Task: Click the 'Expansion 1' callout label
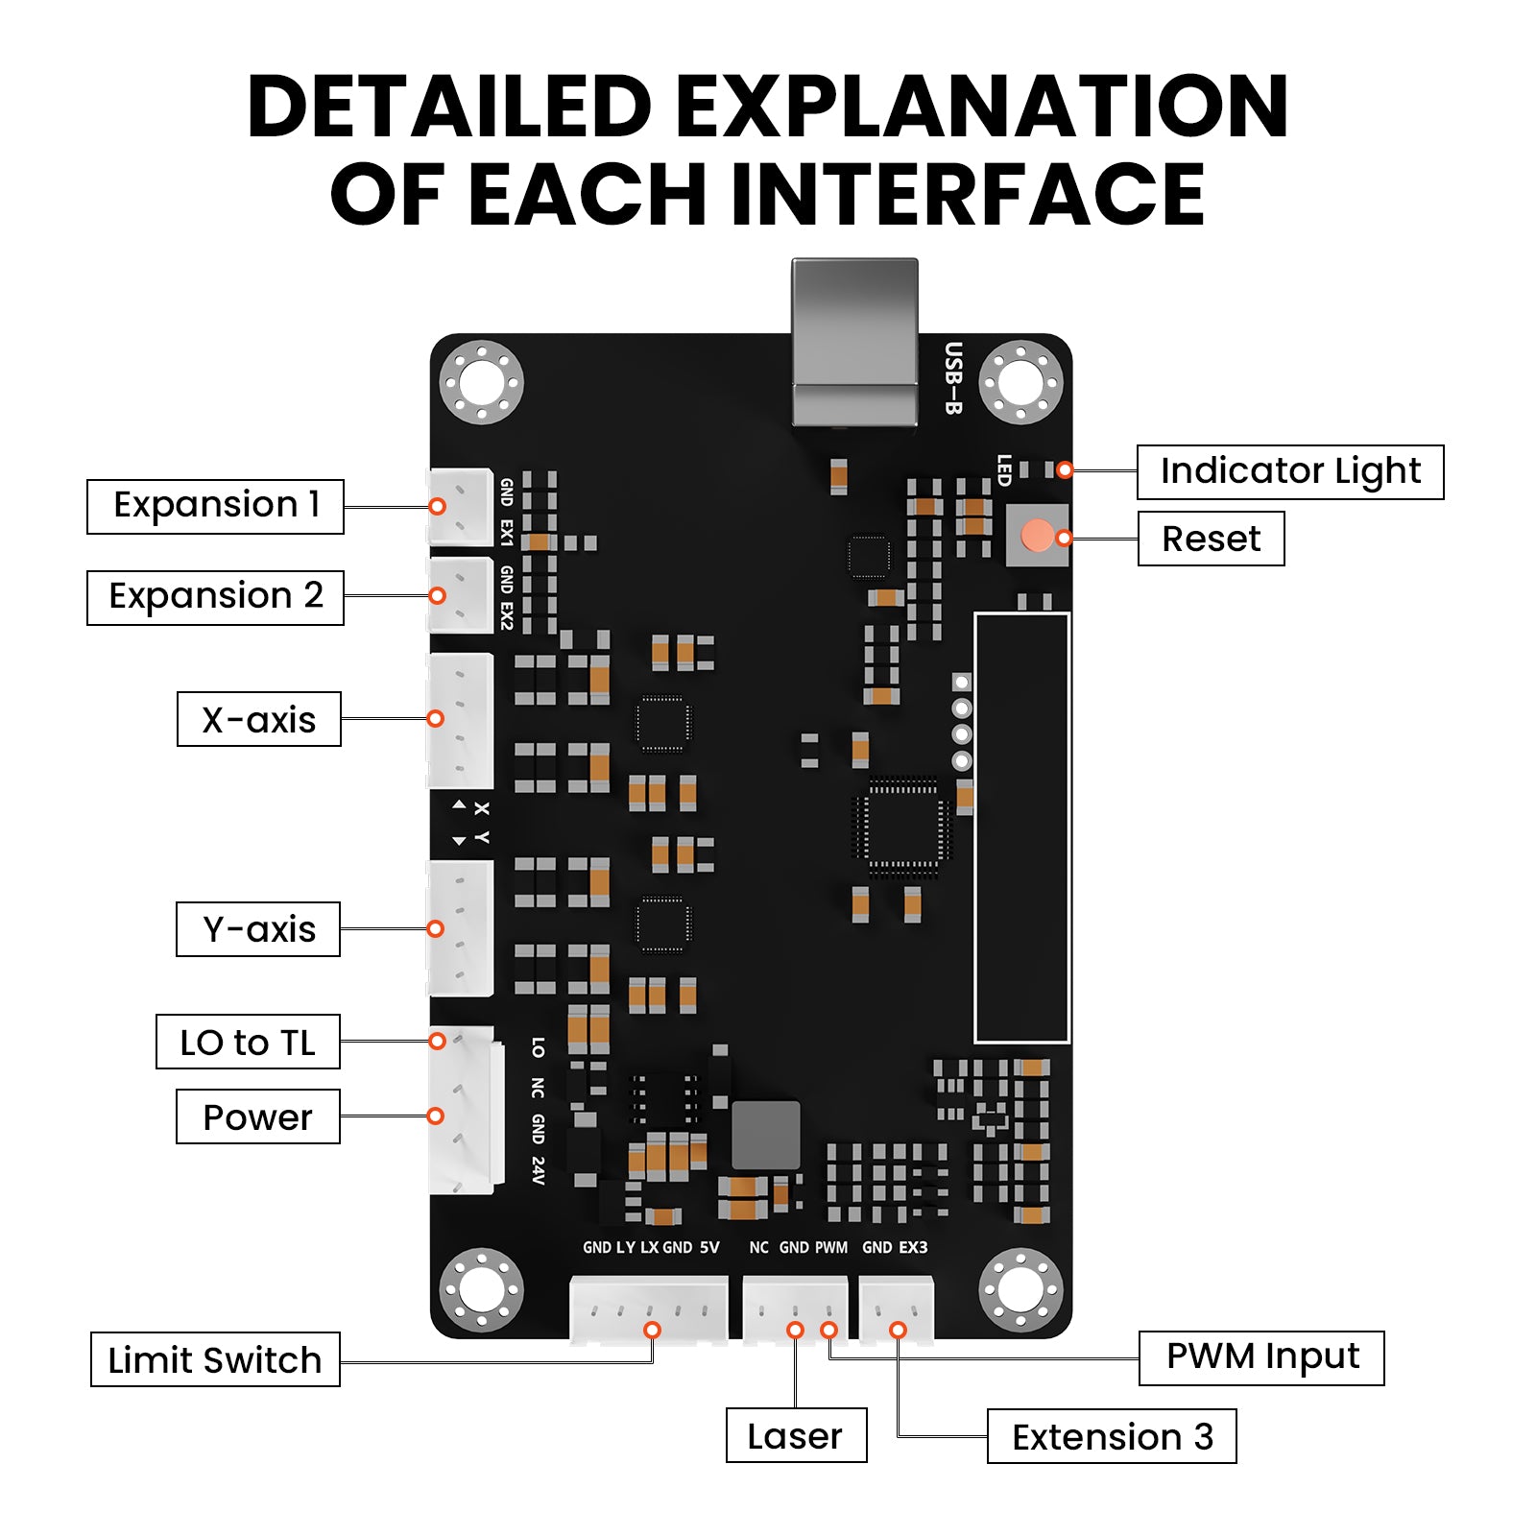(215, 506)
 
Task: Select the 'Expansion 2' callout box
(215, 597)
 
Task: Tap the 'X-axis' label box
(258, 719)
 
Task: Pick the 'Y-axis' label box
(258, 929)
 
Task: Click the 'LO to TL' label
(248, 1042)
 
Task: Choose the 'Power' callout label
(257, 1116)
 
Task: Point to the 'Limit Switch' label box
(215, 1359)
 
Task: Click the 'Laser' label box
(796, 1435)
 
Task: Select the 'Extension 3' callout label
(1112, 1436)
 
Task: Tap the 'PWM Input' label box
(1261, 1357)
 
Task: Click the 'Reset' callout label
(1211, 539)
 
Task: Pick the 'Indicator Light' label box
(1289, 471)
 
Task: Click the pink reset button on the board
(1037, 536)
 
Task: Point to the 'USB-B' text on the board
(952, 378)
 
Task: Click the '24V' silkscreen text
(538, 1170)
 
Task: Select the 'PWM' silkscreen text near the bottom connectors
(831, 1247)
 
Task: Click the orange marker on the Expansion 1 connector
(437, 506)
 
